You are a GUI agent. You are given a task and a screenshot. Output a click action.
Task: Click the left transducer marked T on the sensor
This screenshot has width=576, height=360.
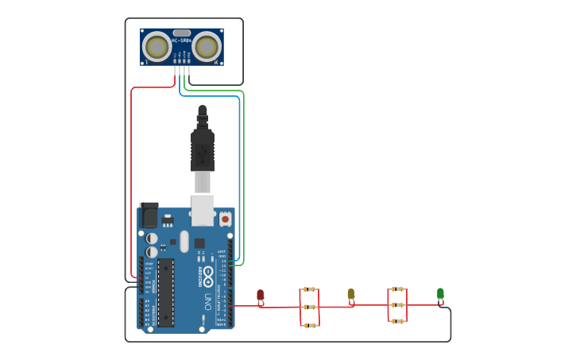[x=157, y=48]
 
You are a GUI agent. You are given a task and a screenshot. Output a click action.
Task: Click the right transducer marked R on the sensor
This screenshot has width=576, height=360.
[x=207, y=48]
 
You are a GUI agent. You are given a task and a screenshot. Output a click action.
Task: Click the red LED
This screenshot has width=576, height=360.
[x=260, y=296]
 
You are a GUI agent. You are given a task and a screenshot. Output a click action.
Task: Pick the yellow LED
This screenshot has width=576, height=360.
[x=350, y=295]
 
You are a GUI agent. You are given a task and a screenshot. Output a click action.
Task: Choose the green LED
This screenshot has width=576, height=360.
[x=440, y=294]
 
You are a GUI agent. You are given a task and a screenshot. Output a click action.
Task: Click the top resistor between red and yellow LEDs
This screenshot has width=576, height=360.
[x=309, y=290]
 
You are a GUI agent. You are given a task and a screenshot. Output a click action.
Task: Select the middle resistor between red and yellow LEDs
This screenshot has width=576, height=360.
[x=309, y=307]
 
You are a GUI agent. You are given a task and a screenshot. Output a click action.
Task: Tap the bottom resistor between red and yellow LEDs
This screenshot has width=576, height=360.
[x=309, y=324]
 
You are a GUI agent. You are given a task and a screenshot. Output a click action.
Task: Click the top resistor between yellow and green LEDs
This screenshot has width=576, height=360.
[x=397, y=289]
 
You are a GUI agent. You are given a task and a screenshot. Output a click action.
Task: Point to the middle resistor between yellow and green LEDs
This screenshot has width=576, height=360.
[x=397, y=304]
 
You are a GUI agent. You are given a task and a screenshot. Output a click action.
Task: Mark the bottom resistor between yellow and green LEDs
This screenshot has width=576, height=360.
[x=397, y=321]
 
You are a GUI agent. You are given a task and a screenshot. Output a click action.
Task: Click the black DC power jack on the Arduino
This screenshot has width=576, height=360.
[x=149, y=215]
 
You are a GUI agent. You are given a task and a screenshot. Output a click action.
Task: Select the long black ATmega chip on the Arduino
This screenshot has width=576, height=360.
[x=165, y=292]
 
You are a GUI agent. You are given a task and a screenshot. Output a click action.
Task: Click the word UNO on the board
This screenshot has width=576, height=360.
[x=207, y=303]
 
